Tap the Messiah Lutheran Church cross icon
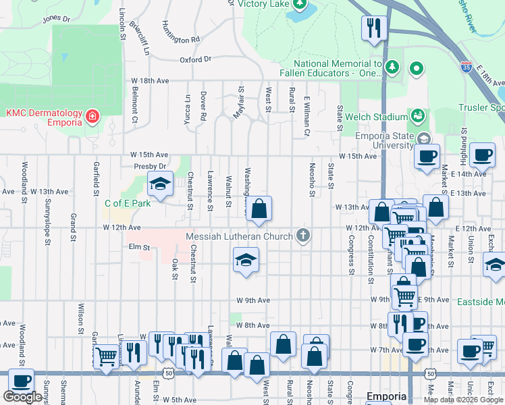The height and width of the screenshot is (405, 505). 303,236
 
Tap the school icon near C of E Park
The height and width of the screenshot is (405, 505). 160,184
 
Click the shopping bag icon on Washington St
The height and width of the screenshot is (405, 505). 259,210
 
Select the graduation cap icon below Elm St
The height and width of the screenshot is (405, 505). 246,260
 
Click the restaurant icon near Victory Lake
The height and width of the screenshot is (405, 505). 373,28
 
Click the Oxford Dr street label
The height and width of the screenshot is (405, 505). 195,59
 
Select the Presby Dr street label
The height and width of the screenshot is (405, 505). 150,166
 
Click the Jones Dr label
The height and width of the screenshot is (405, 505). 56,19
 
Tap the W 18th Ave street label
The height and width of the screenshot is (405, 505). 150,80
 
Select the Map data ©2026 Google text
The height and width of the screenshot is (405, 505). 462,400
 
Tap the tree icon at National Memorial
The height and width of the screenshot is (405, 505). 392,67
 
